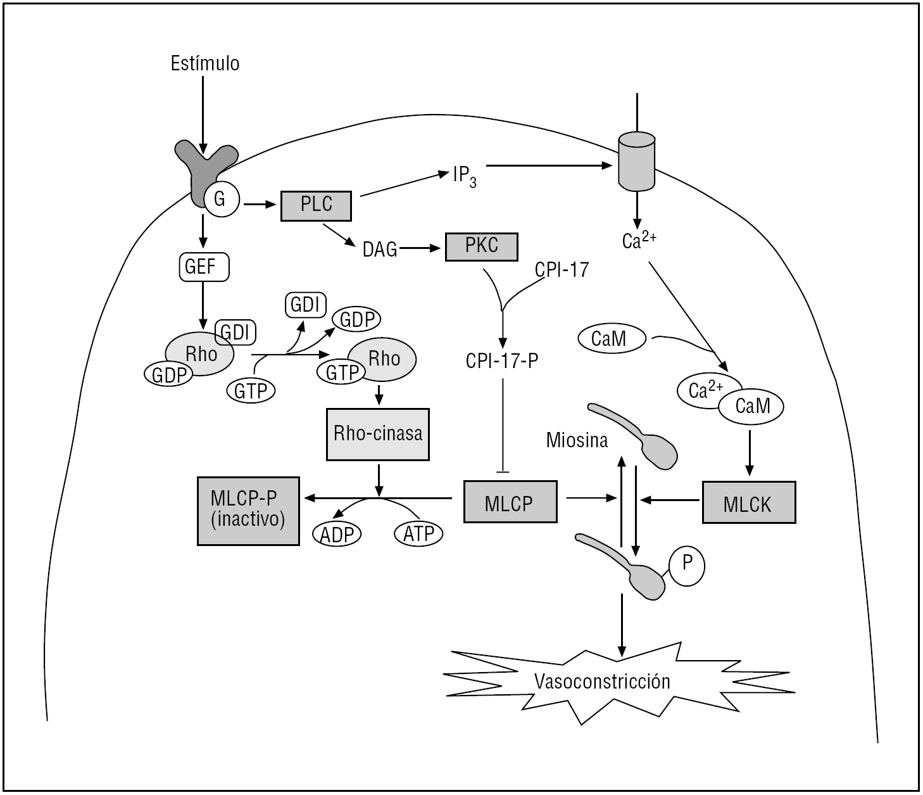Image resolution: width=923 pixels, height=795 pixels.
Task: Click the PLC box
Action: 316,206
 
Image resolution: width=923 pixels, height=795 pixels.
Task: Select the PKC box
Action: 482,246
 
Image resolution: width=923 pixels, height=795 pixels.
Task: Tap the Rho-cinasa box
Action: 378,434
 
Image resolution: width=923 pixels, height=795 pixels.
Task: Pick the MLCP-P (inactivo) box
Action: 248,510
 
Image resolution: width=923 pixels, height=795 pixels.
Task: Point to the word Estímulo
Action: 205,63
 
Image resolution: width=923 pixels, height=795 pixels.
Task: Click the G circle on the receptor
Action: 220,200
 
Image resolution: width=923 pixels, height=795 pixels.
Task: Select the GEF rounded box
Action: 201,267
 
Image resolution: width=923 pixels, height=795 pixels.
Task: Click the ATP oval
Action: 419,533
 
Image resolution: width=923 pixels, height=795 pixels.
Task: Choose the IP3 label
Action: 463,176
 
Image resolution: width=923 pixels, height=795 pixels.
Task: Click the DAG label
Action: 380,250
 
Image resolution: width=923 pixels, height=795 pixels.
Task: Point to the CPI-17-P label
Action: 502,360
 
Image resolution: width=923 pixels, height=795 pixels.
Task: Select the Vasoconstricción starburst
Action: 601,682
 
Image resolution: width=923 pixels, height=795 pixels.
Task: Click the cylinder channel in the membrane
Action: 636,161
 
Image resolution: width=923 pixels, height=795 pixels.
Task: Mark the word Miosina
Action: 577,440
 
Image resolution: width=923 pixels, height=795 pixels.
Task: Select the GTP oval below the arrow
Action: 251,391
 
